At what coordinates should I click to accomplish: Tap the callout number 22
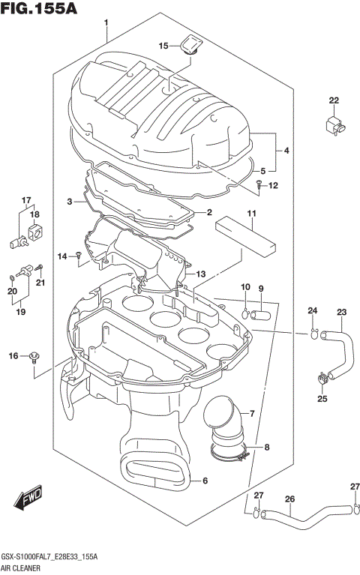(333, 100)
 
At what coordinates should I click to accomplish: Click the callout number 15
(163, 46)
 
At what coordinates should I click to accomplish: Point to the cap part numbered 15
(189, 49)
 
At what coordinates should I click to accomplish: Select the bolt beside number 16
(34, 358)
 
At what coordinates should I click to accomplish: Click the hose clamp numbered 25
(321, 379)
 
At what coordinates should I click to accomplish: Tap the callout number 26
(289, 499)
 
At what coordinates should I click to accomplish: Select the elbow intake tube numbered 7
(225, 424)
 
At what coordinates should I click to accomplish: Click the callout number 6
(204, 481)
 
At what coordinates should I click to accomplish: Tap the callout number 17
(26, 200)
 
